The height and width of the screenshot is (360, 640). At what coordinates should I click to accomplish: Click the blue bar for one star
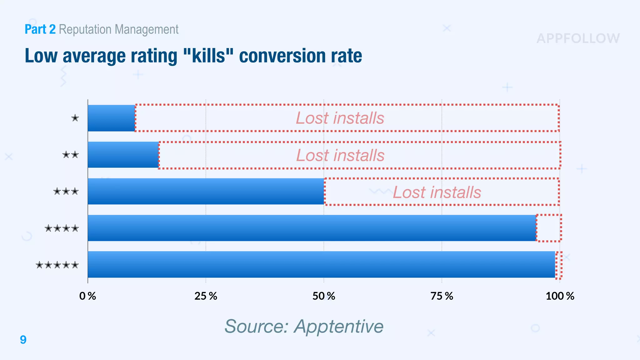coord(111,118)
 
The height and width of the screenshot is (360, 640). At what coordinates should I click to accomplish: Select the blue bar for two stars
coord(123,155)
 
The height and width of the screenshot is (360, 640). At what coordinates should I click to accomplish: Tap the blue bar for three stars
coord(206,191)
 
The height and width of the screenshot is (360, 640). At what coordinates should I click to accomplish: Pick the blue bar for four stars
coord(312,228)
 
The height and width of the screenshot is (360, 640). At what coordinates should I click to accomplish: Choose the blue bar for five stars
coord(321,264)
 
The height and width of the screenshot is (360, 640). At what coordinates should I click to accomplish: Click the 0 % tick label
coord(87,296)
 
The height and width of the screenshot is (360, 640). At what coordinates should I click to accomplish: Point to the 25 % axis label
coord(206,296)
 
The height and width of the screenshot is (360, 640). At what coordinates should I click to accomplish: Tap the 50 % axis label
coord(324,296)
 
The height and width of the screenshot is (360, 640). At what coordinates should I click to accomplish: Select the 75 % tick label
coord(442,296)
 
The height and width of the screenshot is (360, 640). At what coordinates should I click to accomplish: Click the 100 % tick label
coord(560,296)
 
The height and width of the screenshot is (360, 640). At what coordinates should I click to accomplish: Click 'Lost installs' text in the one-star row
coord(340,118)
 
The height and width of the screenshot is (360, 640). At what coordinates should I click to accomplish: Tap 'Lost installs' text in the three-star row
coord(437,192)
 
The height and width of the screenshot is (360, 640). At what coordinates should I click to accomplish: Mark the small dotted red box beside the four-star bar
coord(549,228)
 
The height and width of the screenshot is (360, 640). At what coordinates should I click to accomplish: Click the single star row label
coord(75,118)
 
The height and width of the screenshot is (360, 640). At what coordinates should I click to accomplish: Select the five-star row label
coord(57,265)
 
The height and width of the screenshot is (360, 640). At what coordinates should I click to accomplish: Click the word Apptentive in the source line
coord(339,326)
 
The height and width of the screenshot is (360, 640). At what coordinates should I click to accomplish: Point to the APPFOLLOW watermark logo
coord(578,39)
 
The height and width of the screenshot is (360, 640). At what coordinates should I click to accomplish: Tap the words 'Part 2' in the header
coord(40,29)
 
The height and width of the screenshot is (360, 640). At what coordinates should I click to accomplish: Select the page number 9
coord(23,340)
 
